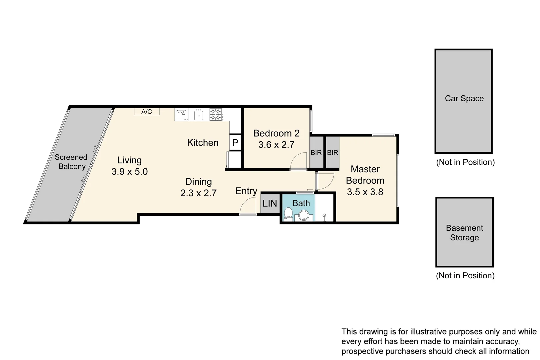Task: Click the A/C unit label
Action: tap(147, 112)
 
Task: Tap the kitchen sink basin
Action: tap(199, 115)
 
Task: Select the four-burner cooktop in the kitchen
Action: tap(216, 114)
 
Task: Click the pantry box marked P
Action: tap(235, 143)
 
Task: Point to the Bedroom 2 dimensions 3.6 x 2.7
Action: tap(276, 145)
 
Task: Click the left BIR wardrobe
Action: tap(316, 153)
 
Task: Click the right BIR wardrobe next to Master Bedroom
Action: tap(332, 153)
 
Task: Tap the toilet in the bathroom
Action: tap(288, 214)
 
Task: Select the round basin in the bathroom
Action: tap(304, 215)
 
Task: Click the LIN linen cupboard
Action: tap(270, 203)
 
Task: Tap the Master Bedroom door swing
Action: tap(324, 181)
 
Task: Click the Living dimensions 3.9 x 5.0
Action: tap(129, 172)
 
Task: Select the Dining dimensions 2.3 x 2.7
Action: tap(198, 193)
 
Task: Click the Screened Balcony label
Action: tap(71, 162)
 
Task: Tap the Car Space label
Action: tap(464, 98)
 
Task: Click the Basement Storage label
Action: tap(464, 233)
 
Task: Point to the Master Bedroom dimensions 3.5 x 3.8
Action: tap(365, 192)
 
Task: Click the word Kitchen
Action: tap(203, 143)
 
